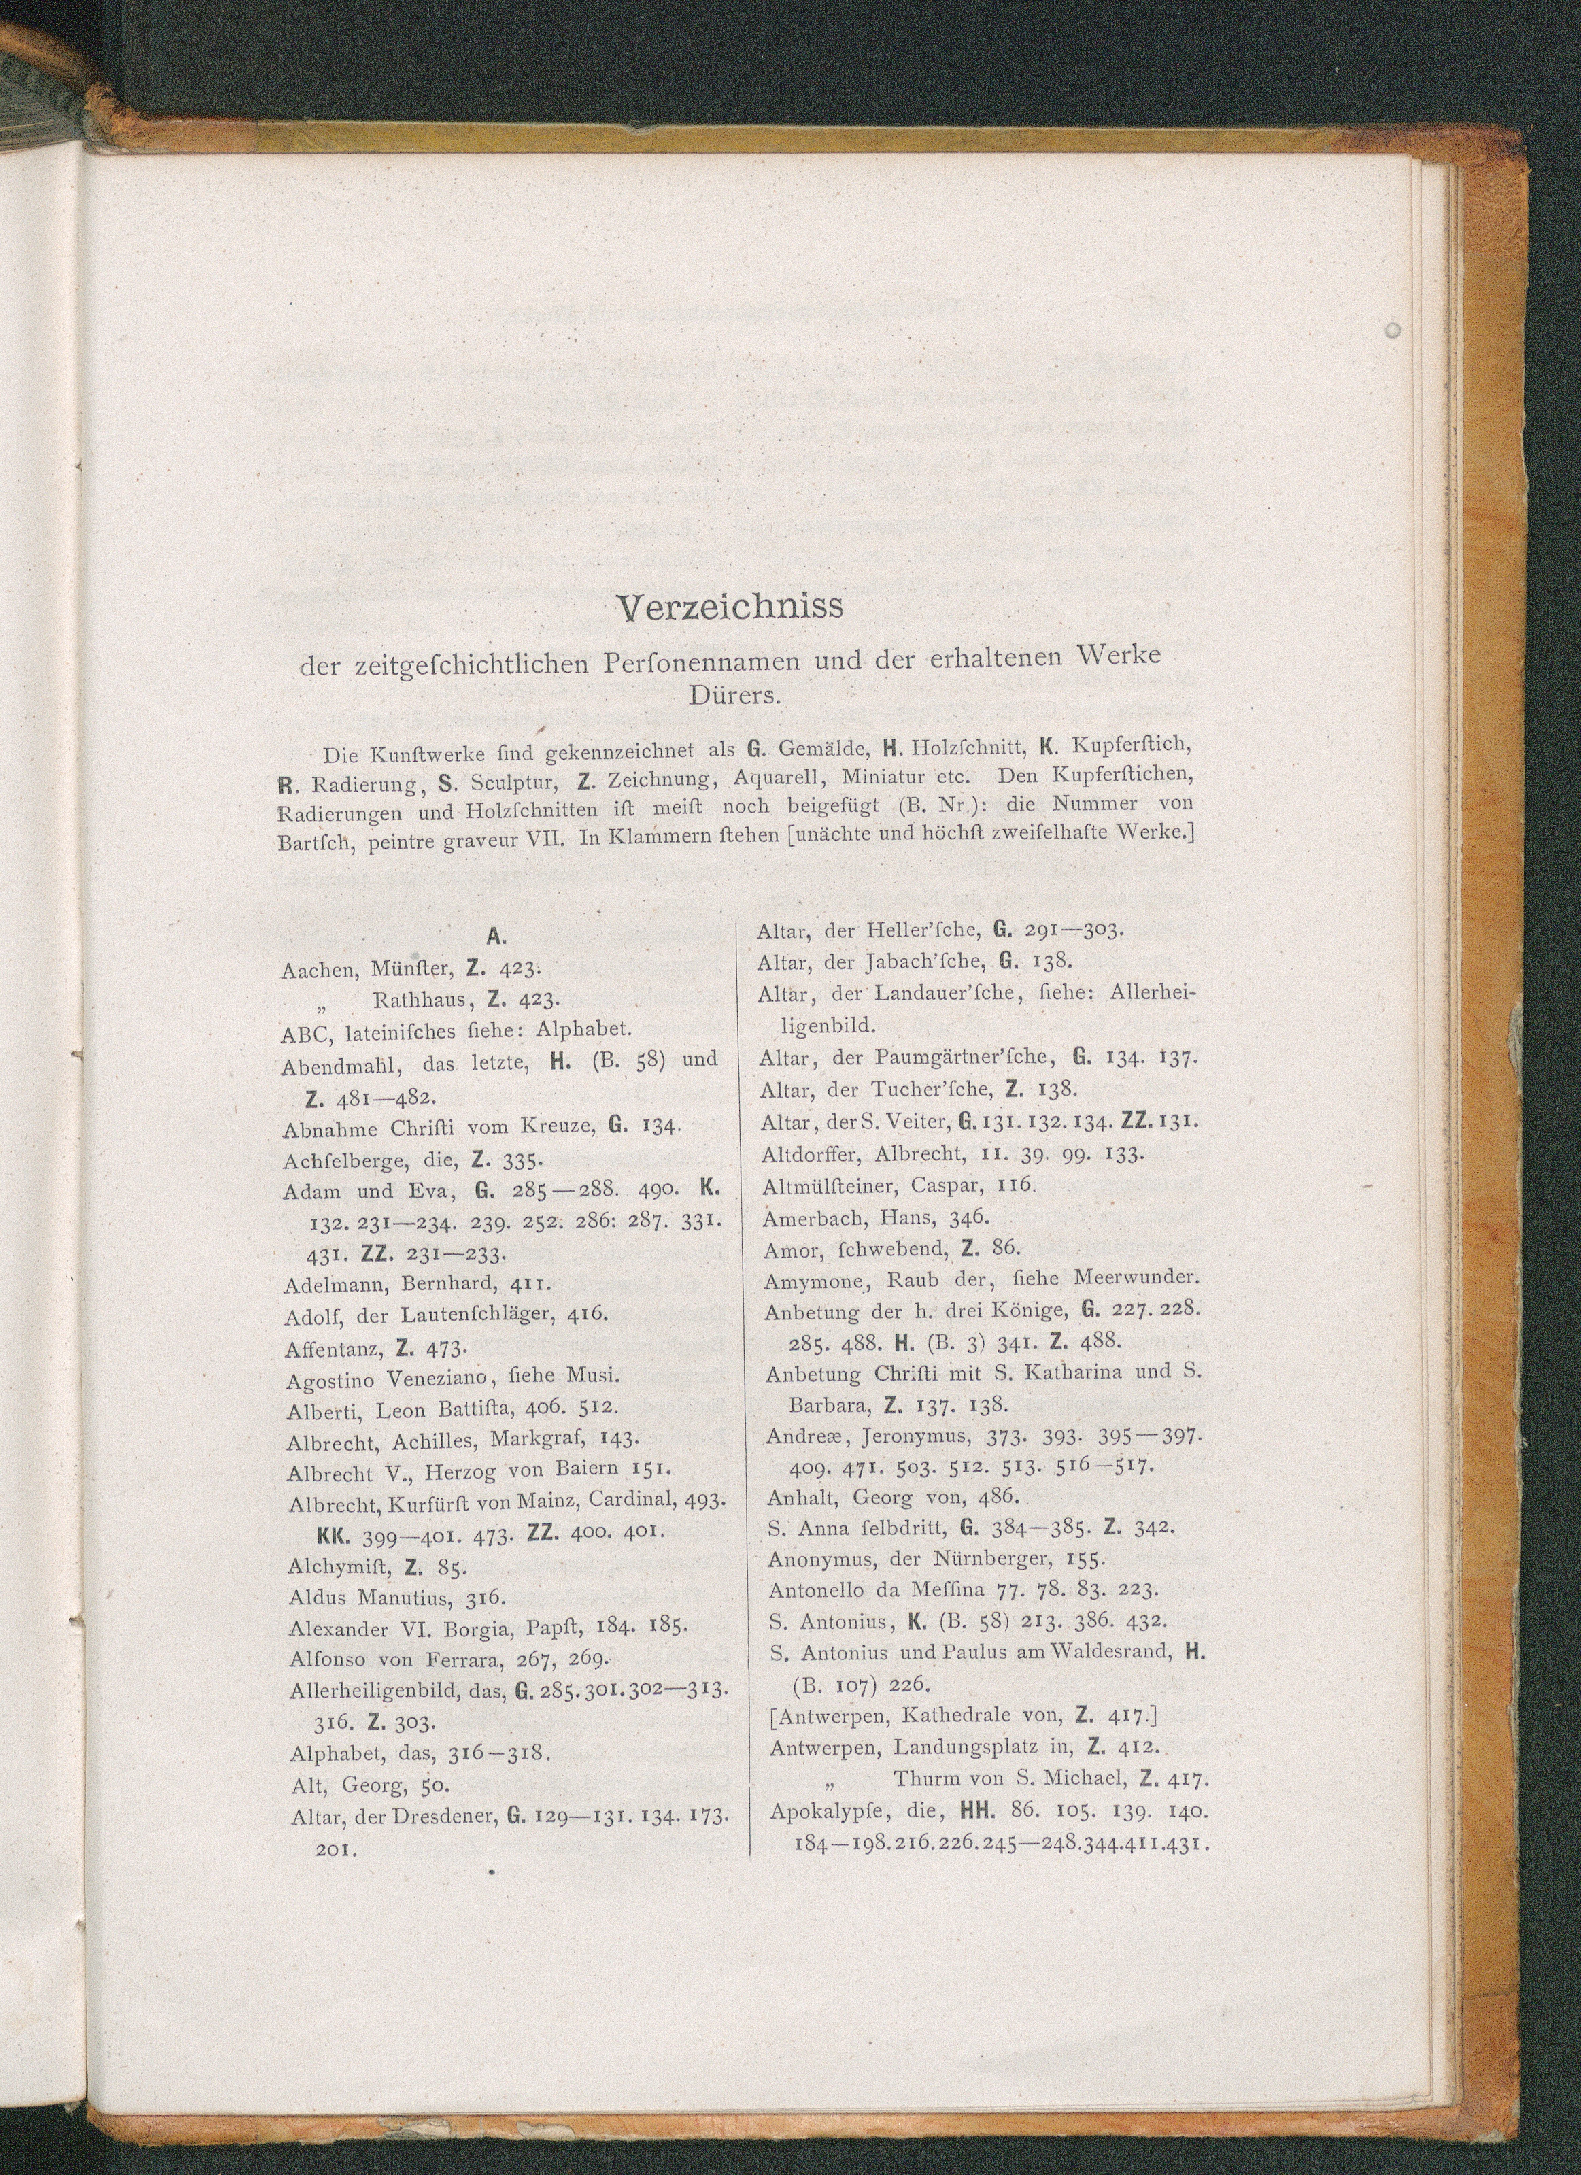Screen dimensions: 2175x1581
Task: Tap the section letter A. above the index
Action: pos(496,936)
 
